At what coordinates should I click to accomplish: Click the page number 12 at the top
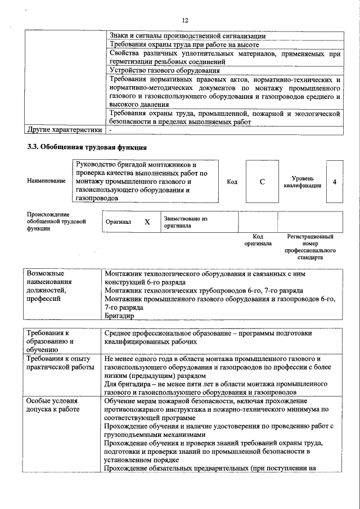click(184, 20)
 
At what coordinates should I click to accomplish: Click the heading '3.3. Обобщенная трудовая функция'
click(87, 148)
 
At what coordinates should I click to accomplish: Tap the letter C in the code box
click(262, 182)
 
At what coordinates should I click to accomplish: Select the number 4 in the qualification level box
click(335, 182)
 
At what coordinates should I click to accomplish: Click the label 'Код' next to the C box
click(232, 182)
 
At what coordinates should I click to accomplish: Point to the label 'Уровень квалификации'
click(303, 182)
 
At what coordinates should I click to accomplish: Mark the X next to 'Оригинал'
click(147, 222)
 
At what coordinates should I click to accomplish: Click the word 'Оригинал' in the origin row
click(119, 222)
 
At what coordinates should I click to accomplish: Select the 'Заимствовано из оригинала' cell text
click(186, 222)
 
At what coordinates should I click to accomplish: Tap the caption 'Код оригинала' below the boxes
click(258, 240)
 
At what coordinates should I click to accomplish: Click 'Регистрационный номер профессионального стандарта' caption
click(310, 247)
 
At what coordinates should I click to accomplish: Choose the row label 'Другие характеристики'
click(65, 130)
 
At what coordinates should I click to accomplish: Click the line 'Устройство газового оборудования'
click(165, 70)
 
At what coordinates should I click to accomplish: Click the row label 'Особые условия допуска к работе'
click(53, 405)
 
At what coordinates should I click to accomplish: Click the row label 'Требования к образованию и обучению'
click(51, 341)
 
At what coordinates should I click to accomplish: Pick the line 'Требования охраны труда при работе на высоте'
click(184, 44)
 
